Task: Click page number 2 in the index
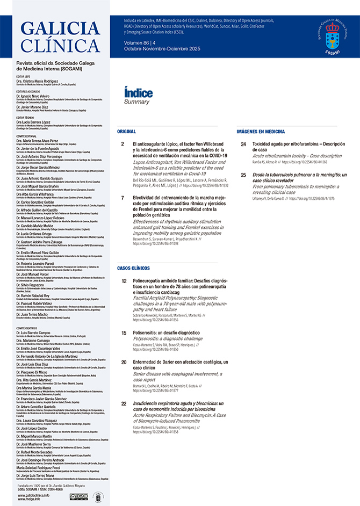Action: (x=123, y=144)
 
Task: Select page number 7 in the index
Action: (x=123, y=198)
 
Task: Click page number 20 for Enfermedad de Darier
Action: (x=124, y=362)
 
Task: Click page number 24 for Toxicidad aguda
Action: (x=243, y=144)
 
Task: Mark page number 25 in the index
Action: (x=243, y=175)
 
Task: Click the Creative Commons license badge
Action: (x=79, y=497)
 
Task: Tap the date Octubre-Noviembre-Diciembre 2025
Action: (x=155, y=48)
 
